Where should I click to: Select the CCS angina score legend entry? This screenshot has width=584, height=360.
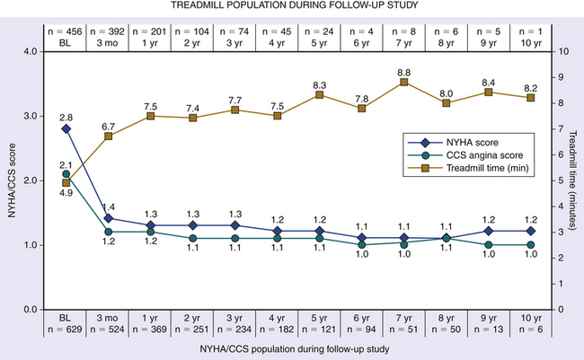click(x=471, y=154)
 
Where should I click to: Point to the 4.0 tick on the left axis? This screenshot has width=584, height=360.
click(x=31, y=51)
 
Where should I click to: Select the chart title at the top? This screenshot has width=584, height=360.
click(x=292, y=8)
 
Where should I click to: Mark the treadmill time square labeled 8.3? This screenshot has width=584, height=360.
click(x=319, y=94)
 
